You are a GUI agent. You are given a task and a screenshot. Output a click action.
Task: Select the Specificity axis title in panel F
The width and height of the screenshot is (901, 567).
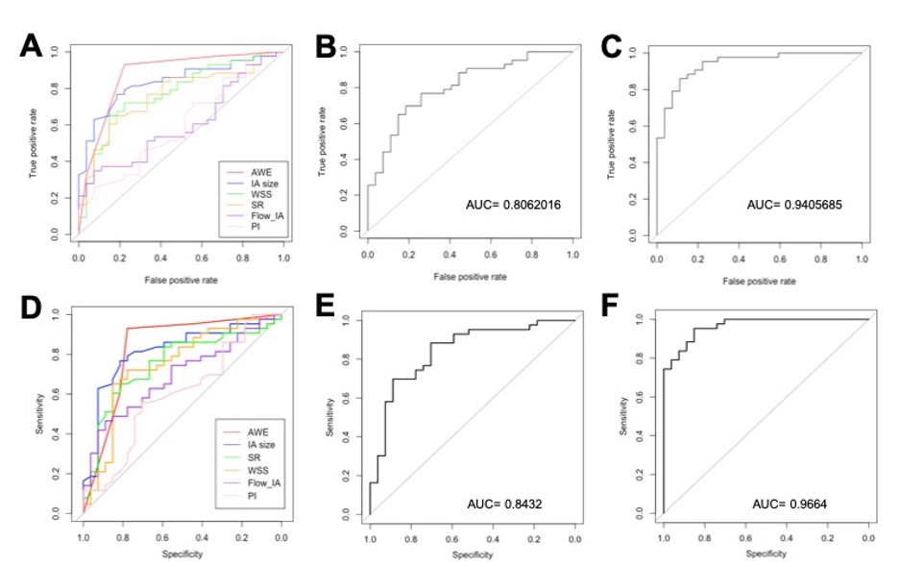[766, 555]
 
